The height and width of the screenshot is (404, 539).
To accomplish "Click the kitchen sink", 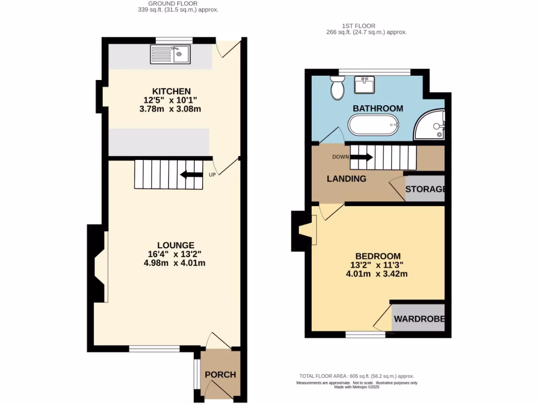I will coord(171,54).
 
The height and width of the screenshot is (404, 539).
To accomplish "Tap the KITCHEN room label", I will coord(171,91).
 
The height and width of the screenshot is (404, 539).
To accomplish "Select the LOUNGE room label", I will coord(175,245).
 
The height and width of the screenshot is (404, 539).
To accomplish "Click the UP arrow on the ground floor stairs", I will coord(191,175).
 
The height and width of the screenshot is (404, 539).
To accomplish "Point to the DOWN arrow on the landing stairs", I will coord(361,157).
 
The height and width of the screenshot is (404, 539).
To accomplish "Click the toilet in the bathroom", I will coord(337,87).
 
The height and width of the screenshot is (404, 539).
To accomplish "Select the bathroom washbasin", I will coord(365,84).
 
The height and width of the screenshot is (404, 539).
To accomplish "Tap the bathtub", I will coord(374,125).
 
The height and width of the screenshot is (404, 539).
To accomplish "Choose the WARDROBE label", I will coord(420,319).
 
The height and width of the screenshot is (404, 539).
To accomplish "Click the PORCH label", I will coord(220,375).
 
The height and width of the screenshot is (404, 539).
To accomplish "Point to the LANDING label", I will coord(346,179).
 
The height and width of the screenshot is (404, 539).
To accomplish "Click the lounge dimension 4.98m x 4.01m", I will coord(174,263).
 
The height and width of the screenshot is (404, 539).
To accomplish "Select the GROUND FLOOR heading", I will coord(176,3).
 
